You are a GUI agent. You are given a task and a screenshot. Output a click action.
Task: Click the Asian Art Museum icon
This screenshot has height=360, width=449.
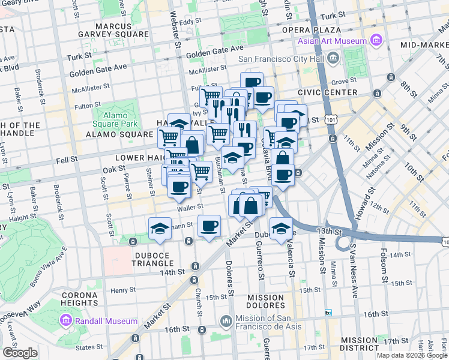coord(376,41)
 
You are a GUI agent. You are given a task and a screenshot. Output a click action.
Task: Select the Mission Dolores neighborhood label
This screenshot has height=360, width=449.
coord(265,302)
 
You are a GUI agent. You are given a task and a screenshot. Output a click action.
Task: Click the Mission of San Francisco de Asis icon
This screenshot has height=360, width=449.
coord(226,321)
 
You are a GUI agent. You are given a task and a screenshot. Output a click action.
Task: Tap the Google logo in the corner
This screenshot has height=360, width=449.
coord(20,353)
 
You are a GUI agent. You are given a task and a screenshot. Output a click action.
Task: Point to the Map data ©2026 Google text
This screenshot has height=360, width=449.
coord(412,355)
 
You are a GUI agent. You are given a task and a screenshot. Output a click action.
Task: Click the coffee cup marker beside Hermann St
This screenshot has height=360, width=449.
coord(209,226)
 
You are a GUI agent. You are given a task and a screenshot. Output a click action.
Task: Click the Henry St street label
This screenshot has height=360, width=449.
coord(123,290)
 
